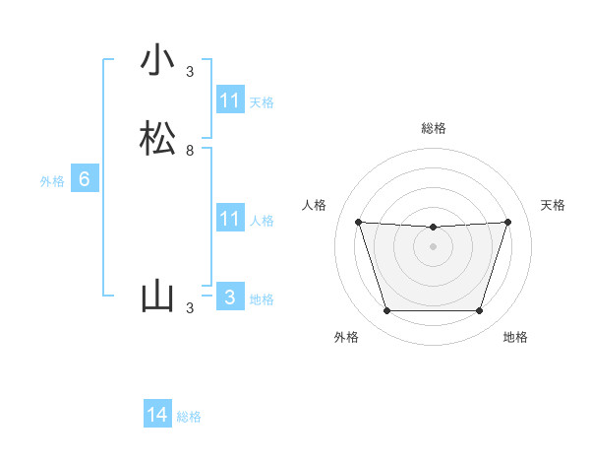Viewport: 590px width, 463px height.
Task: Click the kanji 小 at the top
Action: click(x=156, y=60)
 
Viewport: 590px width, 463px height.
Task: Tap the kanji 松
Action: click(x=156, y=140)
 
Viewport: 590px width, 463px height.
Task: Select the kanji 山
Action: click(x=156, y=297)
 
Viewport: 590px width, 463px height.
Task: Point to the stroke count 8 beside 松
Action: click(x=190, y=151)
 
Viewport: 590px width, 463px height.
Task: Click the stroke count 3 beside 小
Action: click(x=190, y=72)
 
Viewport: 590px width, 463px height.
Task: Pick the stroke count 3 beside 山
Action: click(x=190, y=308)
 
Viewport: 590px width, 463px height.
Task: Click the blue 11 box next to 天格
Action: click(x=229, y=100)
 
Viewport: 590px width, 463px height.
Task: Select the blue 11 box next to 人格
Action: click(x=229, y=219)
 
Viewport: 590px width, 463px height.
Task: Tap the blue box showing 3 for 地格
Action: click(x=229, y=298)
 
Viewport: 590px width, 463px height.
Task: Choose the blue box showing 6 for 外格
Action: click(x=85, y=179)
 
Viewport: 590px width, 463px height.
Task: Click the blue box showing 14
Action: click(x=157, y=415)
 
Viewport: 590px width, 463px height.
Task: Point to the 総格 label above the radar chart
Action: click(x=433, y=128)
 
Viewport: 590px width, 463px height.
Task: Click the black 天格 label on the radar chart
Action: click(x=553, y=205)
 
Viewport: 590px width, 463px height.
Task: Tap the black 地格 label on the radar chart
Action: click(x=515, y=337)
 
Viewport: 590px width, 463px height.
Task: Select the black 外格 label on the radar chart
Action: click(x=346, y=337)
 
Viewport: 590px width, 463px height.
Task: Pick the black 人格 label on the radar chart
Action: click(x=314, y=205)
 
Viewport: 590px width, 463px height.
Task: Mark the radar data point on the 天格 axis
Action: click(x=507, y=222)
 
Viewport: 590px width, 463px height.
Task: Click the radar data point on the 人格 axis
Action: click(x=358, y=222)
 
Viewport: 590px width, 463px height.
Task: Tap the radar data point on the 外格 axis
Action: click(x=386, y=311)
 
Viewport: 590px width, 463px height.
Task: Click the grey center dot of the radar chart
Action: click(x=433, y=245)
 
